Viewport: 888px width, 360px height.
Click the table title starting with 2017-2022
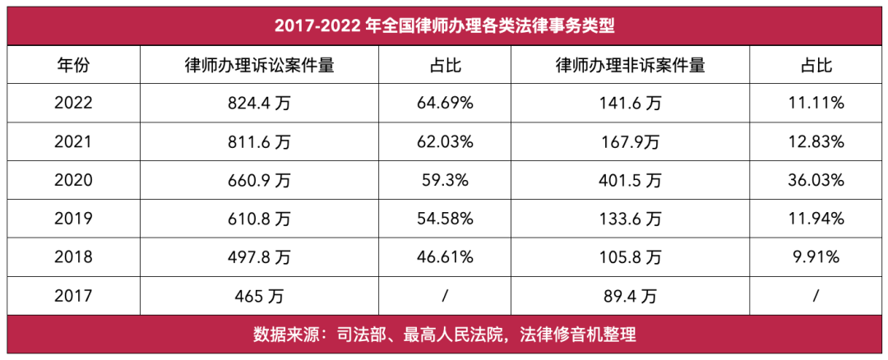coord(445,25)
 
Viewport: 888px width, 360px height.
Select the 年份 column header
coord(73,65)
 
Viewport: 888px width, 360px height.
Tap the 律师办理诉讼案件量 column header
coord(259,65)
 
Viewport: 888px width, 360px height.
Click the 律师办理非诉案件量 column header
coord(630,65)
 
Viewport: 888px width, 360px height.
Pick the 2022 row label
coord(73,104)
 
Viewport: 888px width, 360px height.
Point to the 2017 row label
coord(73,296)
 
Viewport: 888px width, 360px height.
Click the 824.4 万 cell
coord(259,104)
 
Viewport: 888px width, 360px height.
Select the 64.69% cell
coord(444,104)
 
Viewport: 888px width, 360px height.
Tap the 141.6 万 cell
coord(630,104)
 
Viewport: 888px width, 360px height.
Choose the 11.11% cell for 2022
coord(816,104)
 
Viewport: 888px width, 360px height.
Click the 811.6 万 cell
coord(259,142)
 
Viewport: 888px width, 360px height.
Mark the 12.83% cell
coord(816,142)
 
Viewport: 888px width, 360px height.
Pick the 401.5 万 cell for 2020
coord(630,181)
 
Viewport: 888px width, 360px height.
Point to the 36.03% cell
coord(816,181)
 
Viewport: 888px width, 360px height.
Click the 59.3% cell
coord(444,181)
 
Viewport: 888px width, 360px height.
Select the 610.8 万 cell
coord(259,219)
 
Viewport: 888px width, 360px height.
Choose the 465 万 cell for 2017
coord(259,296)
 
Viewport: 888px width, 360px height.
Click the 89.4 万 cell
coord(630,296)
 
